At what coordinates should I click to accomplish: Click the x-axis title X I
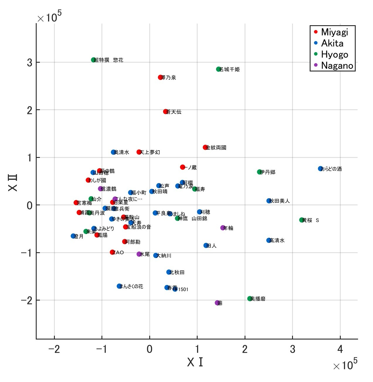(x=195, y=362)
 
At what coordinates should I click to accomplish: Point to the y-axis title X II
(x=13, y=183)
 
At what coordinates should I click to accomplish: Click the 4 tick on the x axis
(x=340, y=349)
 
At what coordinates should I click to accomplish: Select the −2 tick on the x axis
(x=54, y=349)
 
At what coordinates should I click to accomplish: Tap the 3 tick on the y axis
(x=29, y=62)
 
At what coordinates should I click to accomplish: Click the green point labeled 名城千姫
(x=218, y=69)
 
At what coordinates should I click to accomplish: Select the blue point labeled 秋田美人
(x=269, y=201)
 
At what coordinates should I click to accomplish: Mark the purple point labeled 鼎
(x=217, y=303)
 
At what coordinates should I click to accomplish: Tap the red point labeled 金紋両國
(x=205, y=147)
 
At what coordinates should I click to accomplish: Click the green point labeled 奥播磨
(x=250, y=299)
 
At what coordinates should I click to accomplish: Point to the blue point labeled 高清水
(x=269, y=240)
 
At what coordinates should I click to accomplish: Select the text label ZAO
(x=118, y=253)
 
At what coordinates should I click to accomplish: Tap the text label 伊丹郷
(x=268, y=172)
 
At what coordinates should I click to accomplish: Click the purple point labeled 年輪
(x=223, y=228)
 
